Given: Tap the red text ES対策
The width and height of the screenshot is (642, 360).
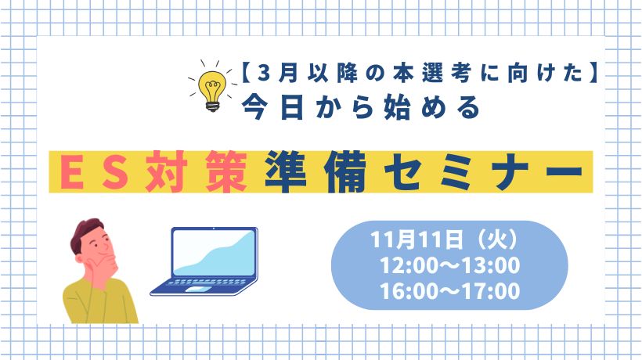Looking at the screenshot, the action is [x=154, y=171].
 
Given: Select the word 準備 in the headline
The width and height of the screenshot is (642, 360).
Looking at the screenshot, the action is [x=316, y=171].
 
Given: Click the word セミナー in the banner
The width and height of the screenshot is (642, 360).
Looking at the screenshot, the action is [x=483, y=172].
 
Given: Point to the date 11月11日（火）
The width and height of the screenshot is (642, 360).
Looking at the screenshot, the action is [x=445, y=239].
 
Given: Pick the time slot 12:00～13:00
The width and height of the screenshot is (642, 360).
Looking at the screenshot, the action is [x=450, y=265].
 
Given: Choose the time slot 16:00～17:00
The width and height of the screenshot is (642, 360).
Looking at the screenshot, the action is [x=450, y=291].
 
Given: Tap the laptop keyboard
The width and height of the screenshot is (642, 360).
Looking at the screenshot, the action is [x=207, y=283].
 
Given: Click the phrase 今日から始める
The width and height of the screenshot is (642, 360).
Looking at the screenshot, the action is [x=361, y=107].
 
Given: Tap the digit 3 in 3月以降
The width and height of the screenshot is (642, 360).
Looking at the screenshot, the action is [x=265, y=74].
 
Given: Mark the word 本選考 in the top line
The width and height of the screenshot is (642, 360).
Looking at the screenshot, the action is [x=431, y=74].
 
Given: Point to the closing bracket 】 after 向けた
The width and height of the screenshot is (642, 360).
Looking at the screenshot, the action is [x=593, y=74].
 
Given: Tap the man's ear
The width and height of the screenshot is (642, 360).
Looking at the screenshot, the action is [x=79, y=259].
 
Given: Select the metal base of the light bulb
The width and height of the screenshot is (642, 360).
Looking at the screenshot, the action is [x=212, y=106].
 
